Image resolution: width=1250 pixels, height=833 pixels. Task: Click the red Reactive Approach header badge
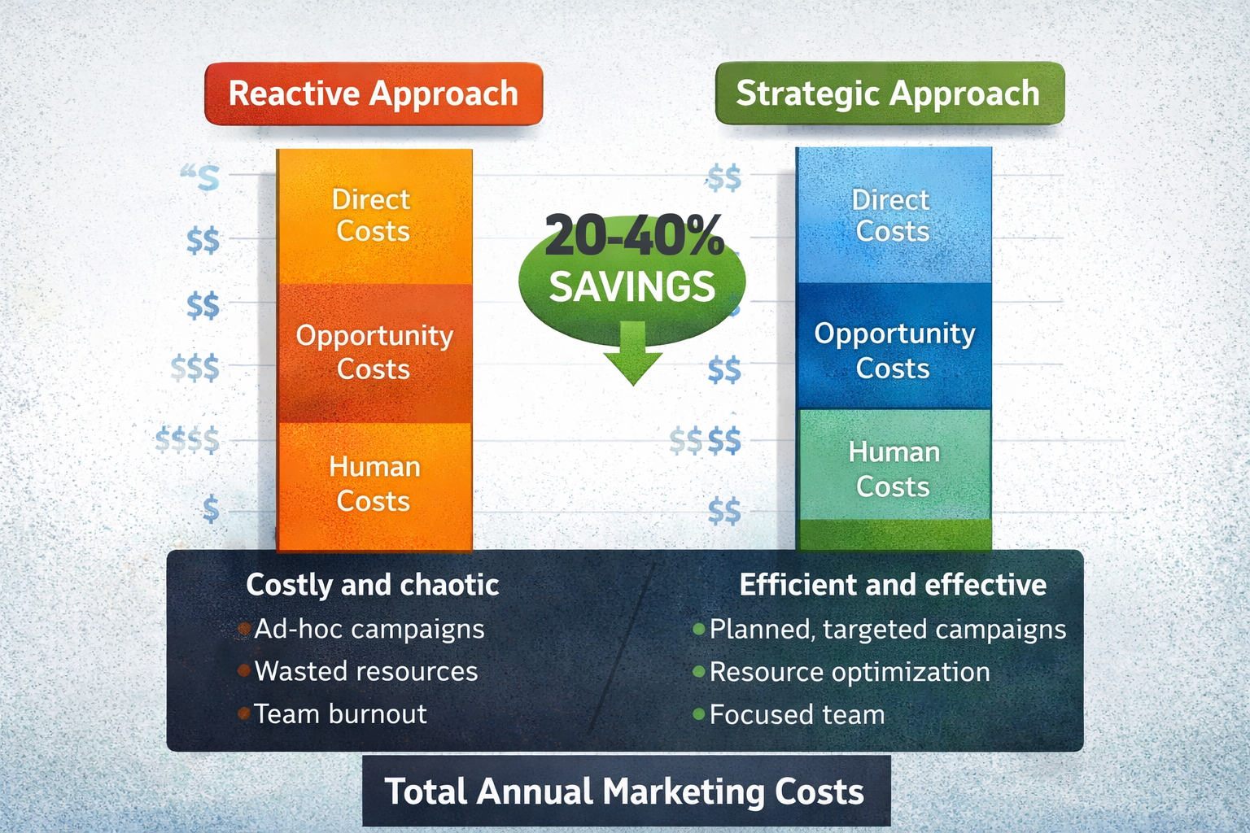click(x=374, y=94)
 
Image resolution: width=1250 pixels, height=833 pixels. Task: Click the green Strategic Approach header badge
click(x=889, y=94)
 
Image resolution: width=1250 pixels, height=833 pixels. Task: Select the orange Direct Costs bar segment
click(x=374, y=216)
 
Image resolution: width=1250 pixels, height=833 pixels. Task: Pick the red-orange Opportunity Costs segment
click(x=374, y=352)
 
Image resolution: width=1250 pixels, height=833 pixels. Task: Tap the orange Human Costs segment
click(x=374, y=484)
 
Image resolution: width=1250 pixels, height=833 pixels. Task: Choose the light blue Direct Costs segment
click(x=893, y=216)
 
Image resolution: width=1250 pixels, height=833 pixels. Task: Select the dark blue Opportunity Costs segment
click(x=894, y=350)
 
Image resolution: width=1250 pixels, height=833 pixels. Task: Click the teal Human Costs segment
click(x=894, y=468)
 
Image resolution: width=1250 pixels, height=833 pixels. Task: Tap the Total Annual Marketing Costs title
click(x=625, y=792)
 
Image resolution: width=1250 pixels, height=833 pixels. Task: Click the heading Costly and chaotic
click(x=372, y=585)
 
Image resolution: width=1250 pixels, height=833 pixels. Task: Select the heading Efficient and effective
click(x=893, y=585)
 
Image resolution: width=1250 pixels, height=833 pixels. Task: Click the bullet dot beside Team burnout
click(x=243, y=714)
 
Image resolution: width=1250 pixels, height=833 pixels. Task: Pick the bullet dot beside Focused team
click(x=698, y=715)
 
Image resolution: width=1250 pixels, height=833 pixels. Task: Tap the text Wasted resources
click(x=366, y=671)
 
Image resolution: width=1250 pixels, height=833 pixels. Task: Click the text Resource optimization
click(x=850, y=672)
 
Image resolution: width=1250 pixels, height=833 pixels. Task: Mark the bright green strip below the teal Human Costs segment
click(x=894, y=534)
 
